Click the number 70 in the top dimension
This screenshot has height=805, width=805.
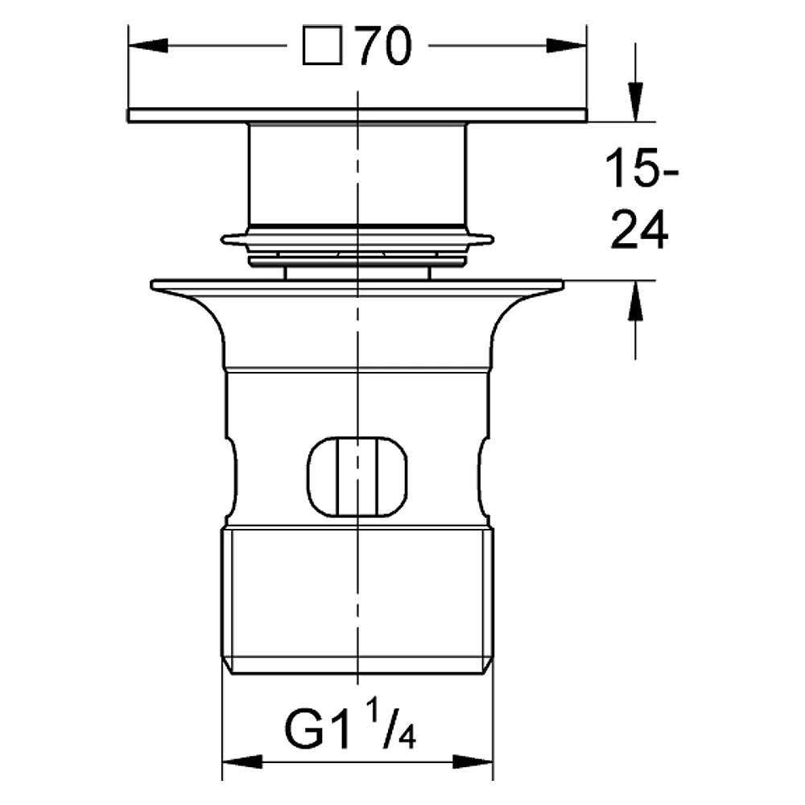385,46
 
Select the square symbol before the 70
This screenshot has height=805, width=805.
323,46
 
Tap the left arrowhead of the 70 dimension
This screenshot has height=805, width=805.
148,46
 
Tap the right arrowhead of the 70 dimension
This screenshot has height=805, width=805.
567,46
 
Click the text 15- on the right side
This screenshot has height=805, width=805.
642,168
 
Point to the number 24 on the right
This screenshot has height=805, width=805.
639,229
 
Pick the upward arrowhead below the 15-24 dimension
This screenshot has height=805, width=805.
636,301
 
